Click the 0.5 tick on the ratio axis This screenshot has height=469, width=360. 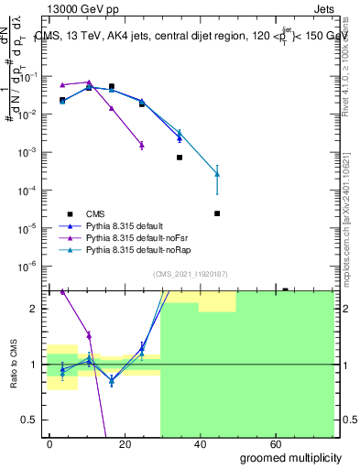tap(32, 420)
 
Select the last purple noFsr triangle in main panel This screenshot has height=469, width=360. tap(141, 145)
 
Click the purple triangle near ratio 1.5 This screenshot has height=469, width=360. tap(89, 335)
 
